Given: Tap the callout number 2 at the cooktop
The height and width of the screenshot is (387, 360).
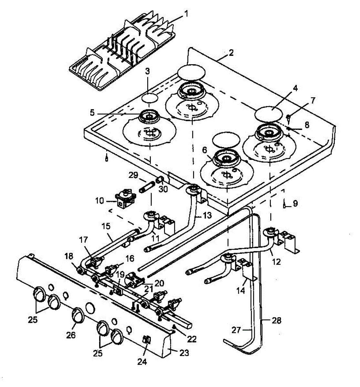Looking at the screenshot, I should pos(231,53).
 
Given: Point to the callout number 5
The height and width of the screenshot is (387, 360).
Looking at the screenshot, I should pos(92,113).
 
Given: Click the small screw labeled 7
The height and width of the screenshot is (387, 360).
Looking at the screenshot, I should pos(289,118).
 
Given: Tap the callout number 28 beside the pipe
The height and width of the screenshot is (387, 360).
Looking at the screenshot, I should pos(276,321).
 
